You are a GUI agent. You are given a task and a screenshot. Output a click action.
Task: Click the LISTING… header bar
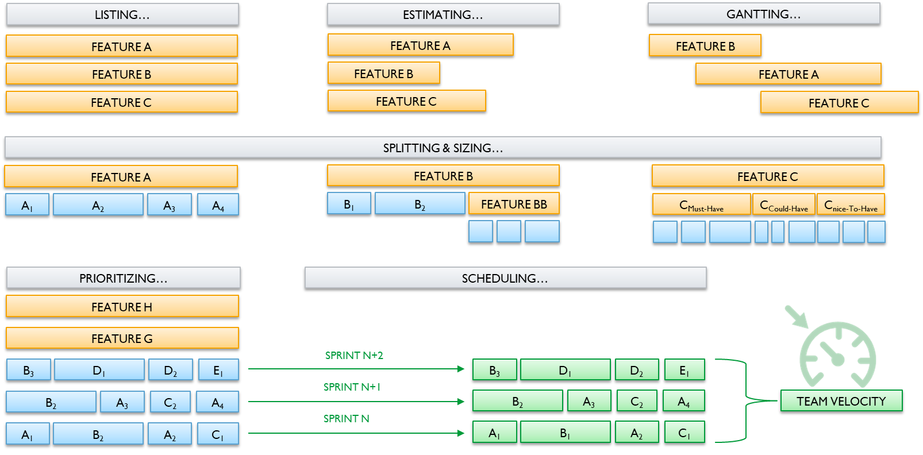(122, 14)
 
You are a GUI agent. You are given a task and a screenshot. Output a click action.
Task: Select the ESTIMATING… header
(443, 14)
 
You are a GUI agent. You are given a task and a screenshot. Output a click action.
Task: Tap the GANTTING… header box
(764, 14)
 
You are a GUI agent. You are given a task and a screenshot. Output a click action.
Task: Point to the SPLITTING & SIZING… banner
(443, 148)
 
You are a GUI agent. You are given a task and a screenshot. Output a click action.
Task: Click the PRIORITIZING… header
(123, 278)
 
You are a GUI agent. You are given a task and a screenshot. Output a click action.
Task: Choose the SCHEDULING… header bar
(505, 278)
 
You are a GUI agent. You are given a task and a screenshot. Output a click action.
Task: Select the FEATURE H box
(122, 306)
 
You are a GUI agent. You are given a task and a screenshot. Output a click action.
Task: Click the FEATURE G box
(122, 338)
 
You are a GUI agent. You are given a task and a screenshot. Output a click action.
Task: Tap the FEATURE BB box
(514, 203)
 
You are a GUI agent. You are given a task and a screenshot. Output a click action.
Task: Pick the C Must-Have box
(701, 205)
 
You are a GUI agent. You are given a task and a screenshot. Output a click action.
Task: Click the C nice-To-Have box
(851, 205)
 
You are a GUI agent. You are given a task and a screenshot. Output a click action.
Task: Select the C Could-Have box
(784, 205)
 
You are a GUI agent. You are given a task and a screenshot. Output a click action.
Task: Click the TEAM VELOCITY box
(841, 400)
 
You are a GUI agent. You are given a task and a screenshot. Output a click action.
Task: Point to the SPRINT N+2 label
(354, 355)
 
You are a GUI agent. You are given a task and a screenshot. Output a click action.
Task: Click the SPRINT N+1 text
(352, 387)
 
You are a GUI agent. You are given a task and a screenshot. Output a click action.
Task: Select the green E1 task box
(684, 370)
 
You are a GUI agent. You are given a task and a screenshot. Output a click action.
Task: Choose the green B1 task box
(565, 433)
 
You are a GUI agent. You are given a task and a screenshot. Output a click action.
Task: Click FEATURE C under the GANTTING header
(839, 102)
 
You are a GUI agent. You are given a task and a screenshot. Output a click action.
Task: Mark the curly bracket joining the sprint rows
(745, 400)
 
